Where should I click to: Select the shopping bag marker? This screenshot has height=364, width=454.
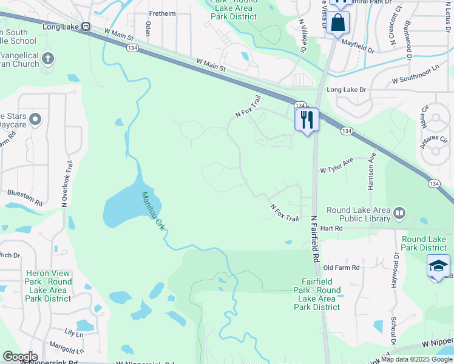[x=337, y=23]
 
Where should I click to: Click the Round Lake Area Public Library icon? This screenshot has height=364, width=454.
[x=399, y=212]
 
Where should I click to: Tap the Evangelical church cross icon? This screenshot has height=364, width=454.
[x=48, y=59]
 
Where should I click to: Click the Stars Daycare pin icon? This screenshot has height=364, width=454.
[x=35, y=120]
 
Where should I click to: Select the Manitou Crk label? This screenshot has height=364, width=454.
[x=154, y=211]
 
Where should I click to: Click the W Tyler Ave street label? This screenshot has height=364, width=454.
[x=336, y=164]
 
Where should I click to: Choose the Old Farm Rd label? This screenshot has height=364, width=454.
[x=342, y=268]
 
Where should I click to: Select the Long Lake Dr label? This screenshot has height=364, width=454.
[x=347, y=90]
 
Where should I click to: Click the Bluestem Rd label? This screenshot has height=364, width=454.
[x=25, y=198]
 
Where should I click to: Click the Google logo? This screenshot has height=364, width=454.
[x=20, y=357]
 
